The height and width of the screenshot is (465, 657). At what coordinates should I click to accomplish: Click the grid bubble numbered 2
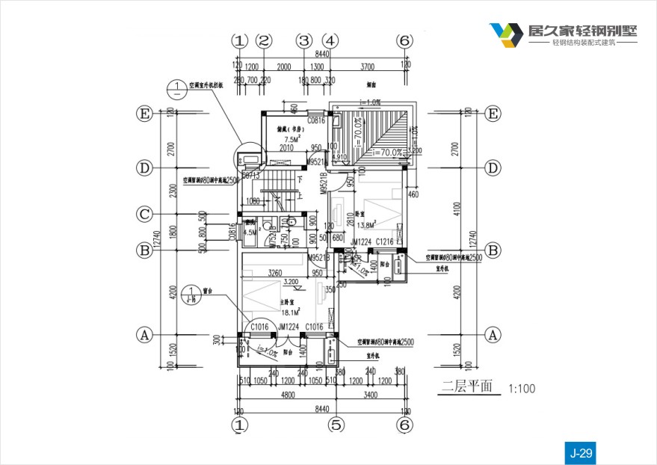(265, 40)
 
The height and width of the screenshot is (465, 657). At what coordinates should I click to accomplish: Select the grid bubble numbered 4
(330, 40)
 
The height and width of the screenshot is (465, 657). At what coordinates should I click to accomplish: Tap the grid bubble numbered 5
(336, 425)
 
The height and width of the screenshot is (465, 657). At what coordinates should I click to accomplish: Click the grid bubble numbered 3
(303, 40)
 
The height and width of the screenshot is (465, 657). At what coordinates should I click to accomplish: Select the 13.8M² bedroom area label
(366, 225)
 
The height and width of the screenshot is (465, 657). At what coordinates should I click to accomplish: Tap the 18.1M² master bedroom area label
(290, 312)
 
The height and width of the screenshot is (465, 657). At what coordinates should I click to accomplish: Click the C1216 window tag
(384, 241)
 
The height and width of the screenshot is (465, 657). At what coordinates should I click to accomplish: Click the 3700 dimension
(367, 66)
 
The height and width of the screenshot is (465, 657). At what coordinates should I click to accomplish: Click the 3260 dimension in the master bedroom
(274, 273)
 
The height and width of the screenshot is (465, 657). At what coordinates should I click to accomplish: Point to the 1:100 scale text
(522, 389)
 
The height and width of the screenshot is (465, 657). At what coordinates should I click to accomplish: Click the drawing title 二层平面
(467, 387)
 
